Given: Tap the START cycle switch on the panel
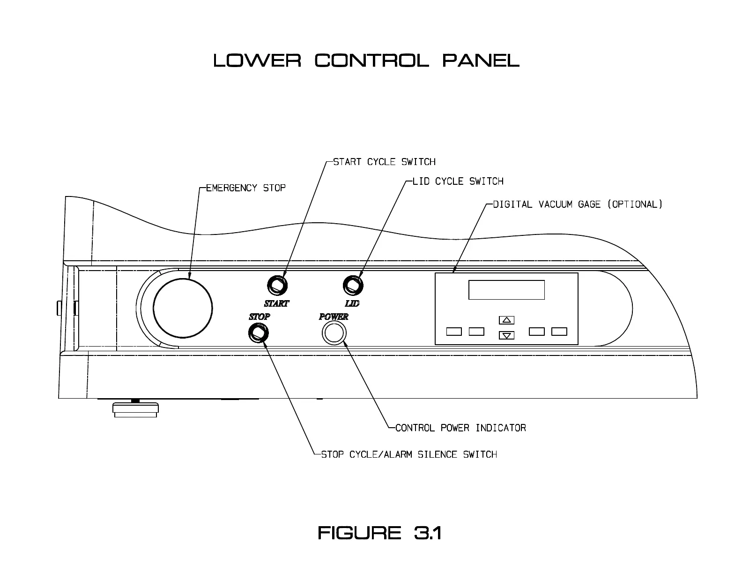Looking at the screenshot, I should click(277, 285).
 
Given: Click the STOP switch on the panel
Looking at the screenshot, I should click(258, 333).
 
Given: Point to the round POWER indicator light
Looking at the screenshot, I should click(334, 333).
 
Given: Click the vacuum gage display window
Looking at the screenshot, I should click(506, 290).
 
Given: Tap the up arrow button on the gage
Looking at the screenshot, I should click(506, 320).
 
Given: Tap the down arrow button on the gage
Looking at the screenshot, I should click(506, 335).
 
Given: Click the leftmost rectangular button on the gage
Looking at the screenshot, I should click(454, 332).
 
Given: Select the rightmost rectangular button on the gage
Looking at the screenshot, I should click(559, 332).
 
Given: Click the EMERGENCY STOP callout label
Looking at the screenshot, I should click(246, 188).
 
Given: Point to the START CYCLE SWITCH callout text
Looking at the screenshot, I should click(384, 162).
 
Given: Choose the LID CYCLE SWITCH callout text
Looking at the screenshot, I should click(458, 181).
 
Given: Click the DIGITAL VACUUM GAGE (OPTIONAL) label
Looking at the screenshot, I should click(578, 204).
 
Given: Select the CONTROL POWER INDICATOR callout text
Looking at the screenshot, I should click(460, 428).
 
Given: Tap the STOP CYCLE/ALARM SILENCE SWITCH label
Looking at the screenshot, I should click(408, 454).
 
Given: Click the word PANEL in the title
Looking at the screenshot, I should click(481, 60).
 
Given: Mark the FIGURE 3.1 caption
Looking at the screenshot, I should click(380, 533).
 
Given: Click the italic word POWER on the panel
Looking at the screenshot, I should click(334, 317).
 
